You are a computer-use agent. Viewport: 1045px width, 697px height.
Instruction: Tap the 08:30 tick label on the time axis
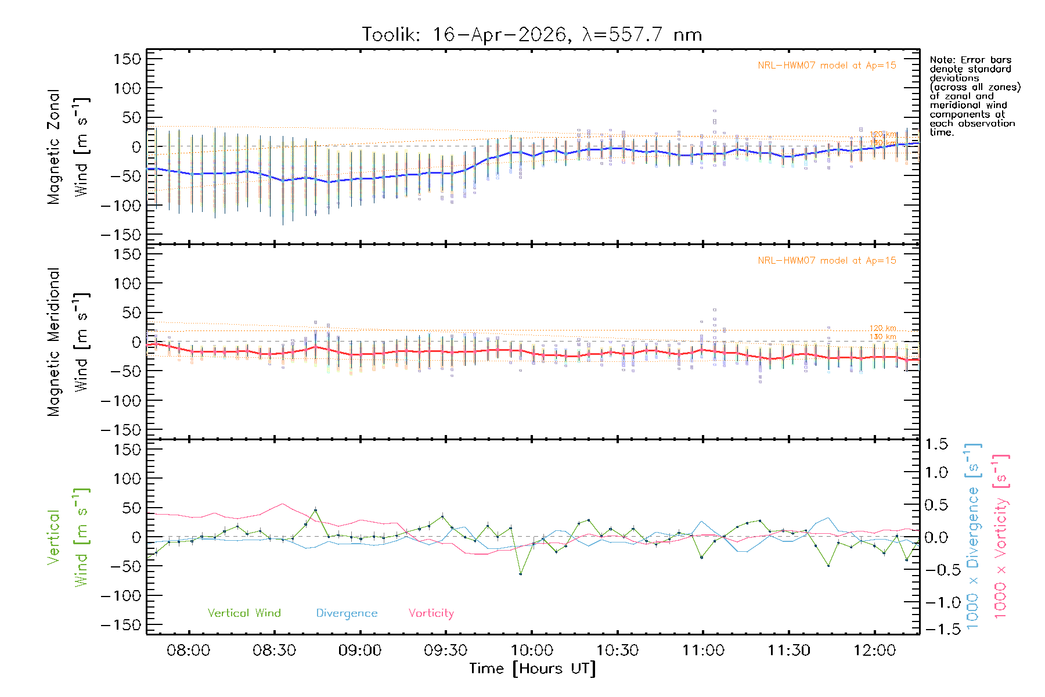coord(274,651)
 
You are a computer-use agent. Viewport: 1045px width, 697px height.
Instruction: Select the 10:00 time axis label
coord(532,651)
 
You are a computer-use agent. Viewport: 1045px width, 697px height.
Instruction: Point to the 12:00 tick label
coord(874,651)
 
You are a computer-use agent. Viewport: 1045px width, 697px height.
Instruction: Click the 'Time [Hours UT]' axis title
coord(532,669)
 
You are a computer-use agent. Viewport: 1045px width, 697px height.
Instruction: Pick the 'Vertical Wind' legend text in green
coord(244,613)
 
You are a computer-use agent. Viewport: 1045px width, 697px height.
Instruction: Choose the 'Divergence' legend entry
coord(347,613)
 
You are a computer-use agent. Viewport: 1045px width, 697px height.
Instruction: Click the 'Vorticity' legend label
coord(431,613)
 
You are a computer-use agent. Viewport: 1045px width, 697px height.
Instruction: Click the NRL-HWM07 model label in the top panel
coord(827,66)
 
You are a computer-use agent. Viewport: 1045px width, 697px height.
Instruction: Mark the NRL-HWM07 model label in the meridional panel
coord(827,261)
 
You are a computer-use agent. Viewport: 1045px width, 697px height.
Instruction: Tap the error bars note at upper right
coord(974,96)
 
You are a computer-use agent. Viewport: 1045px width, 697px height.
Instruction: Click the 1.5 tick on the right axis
coord(936,444)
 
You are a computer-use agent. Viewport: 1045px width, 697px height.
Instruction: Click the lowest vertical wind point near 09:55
coord(520,574)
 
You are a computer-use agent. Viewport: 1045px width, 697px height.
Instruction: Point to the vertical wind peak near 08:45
coord(315,511)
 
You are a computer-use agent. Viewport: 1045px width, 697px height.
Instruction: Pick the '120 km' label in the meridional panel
coord(882,328)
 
